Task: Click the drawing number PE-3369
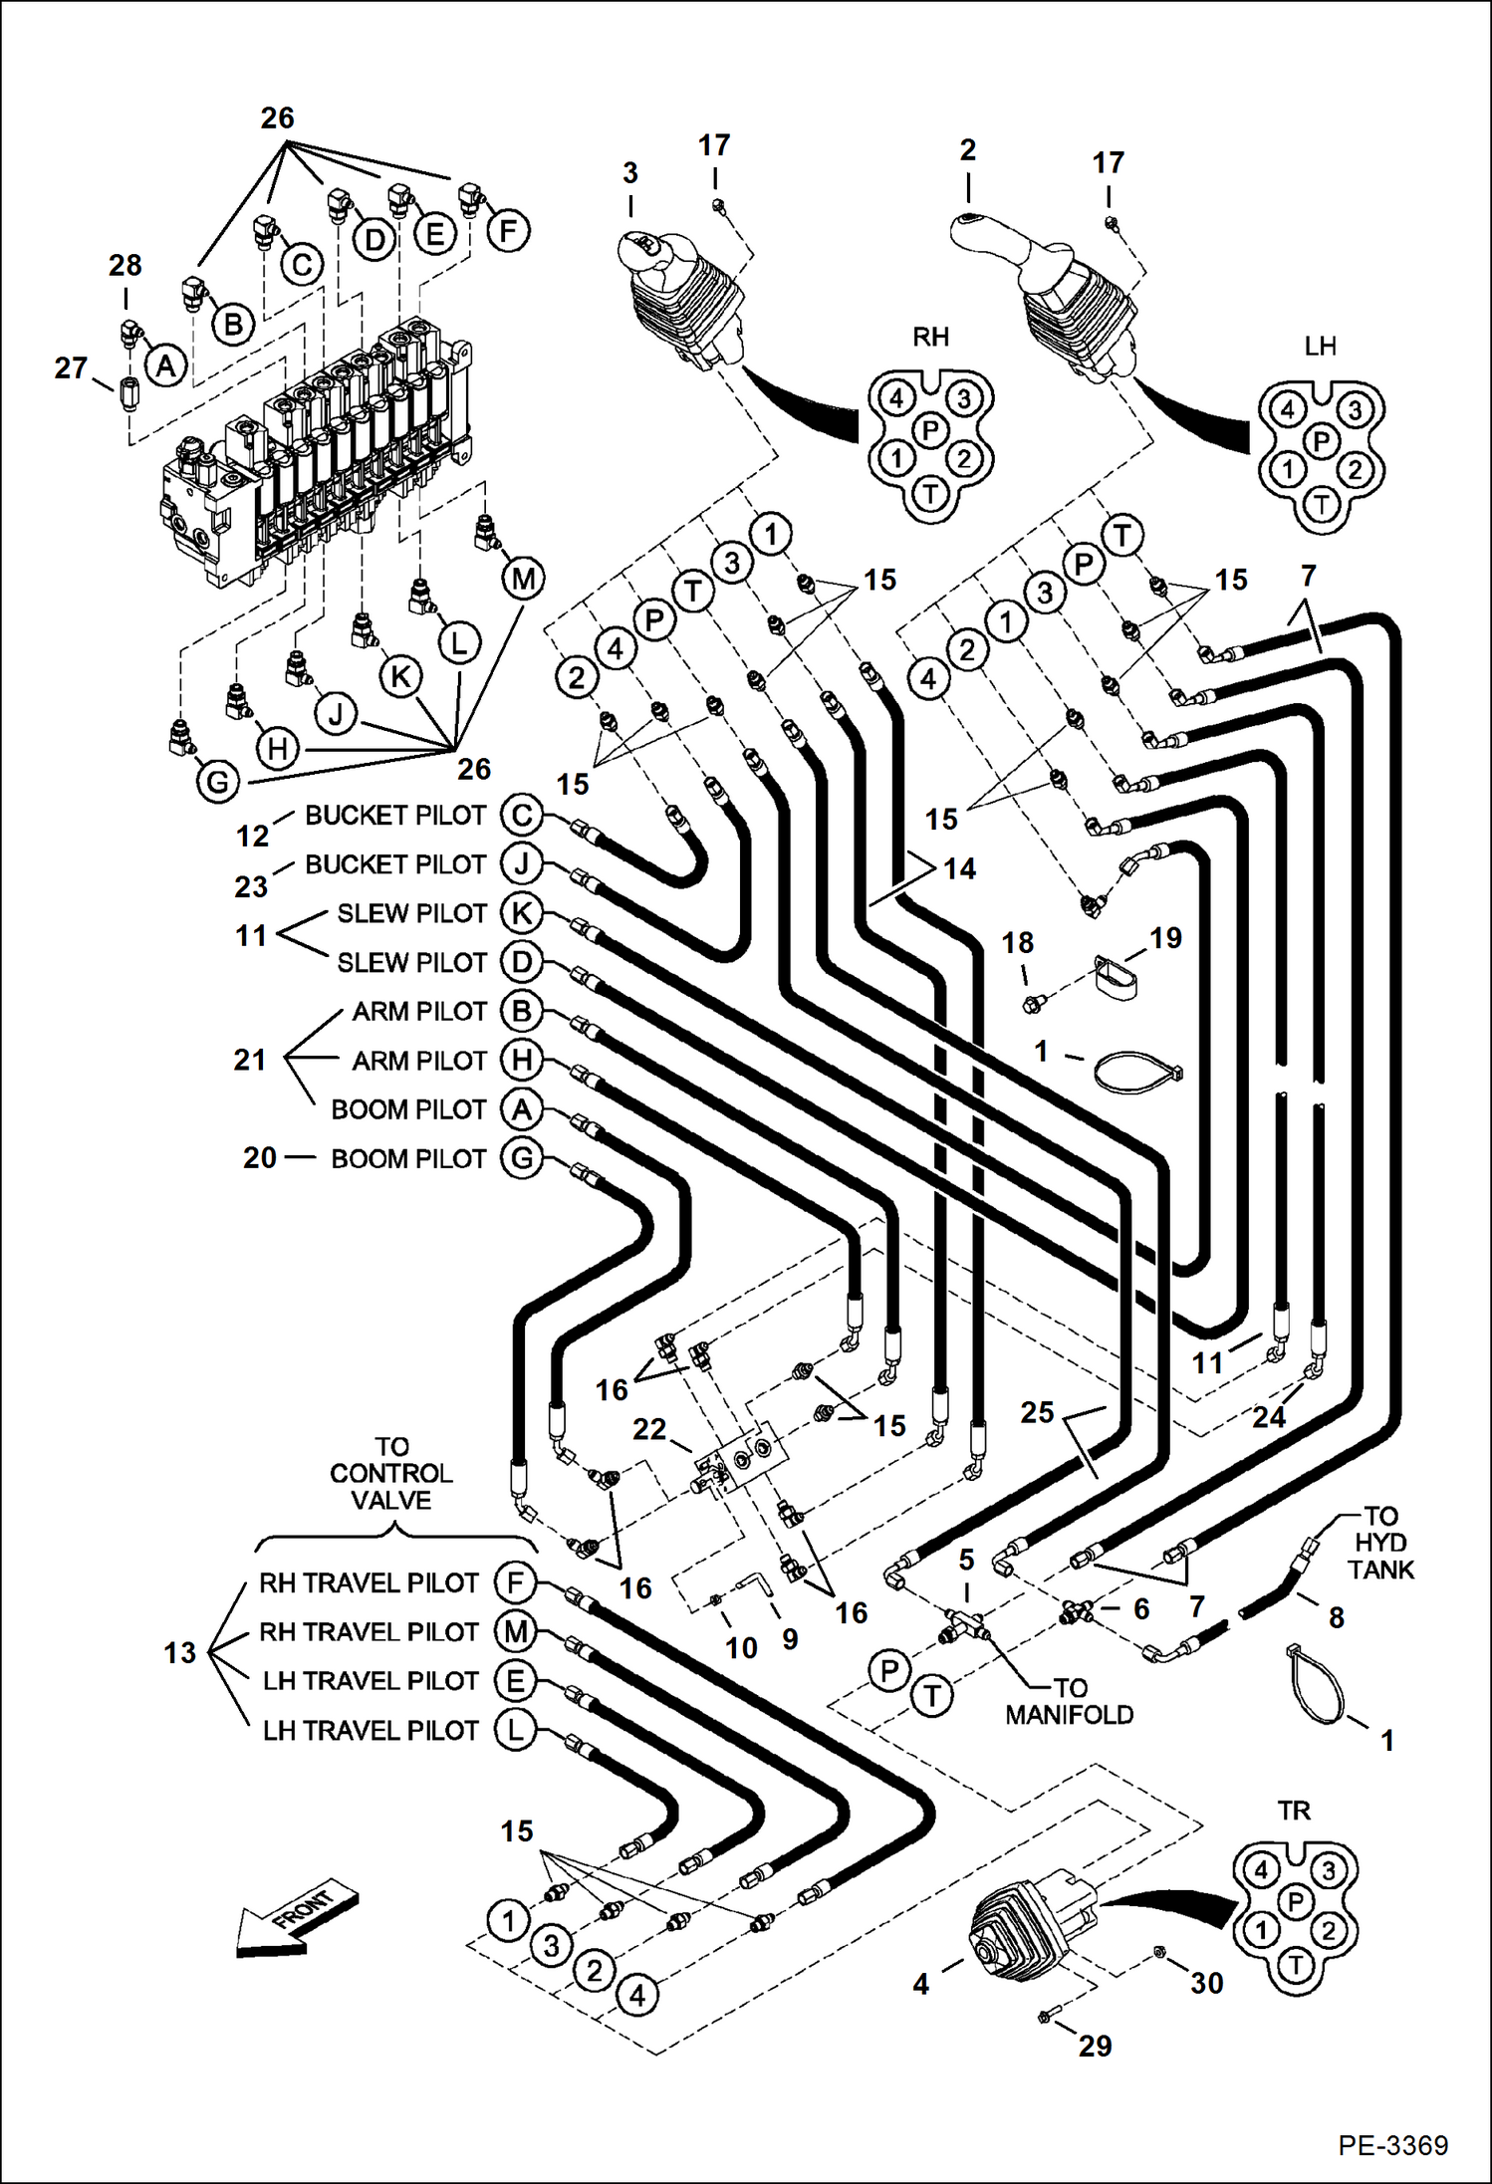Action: (1392, 2145)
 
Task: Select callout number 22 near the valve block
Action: (649, 1429)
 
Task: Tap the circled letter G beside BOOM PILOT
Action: (521, 1158)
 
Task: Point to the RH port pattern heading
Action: (930, 337)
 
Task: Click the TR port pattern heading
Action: (1294, 1810)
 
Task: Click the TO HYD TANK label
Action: (1380, 1543)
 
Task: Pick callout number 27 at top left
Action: (71, 367)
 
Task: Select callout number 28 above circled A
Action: (125, 266)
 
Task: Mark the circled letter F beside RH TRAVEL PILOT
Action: (516, 1581)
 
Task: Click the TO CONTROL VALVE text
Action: (391, 1473)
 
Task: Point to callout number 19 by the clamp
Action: (1165, 937)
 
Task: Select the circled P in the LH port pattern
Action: (1321, 440)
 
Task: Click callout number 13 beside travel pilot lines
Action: (180, 1653)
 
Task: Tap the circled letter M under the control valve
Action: (523, 579)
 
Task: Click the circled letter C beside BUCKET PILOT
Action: (521, 815)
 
